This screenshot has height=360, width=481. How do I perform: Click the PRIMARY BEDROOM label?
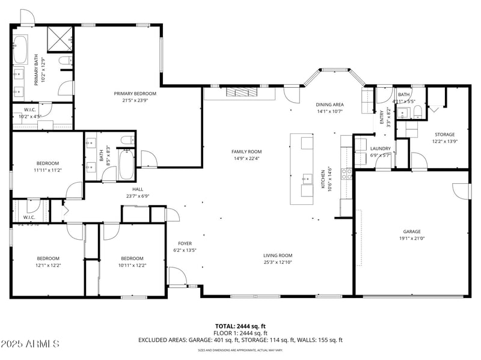[x=135, y=94]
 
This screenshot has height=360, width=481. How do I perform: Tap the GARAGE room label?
[x=411, y=231]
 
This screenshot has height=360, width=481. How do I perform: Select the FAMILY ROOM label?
[x=247, y=151]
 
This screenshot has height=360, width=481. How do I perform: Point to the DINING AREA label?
[x=329, y=104]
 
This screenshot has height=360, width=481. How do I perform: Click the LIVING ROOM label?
[x=277, y=255]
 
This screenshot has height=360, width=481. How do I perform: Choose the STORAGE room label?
[x=445, y=135]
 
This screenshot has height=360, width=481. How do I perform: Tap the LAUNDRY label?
[x=381, y=148]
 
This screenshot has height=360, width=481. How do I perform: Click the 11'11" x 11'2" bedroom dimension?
[x=47, y=170]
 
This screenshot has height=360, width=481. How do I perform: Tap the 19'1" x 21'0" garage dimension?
[x=411, y=238]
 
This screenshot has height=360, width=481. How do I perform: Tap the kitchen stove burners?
[x=347, y=174]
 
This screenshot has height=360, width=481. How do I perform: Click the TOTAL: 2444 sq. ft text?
[x=240, y=326]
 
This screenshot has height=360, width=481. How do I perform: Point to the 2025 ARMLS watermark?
[x=30, y=344]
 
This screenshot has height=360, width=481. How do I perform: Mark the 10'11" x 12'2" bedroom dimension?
[x=132, y=265]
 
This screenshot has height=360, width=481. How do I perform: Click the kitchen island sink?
[x=307, y=178]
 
